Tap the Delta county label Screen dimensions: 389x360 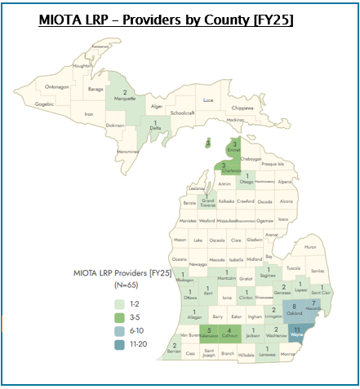coord(155,128)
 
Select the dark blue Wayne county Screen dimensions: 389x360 coord(297,333)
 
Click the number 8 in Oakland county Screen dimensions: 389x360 coord(294,306)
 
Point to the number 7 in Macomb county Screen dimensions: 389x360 coord(313,303)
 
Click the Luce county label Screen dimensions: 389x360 coord(208,99)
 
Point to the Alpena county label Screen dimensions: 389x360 coord(284,182)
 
